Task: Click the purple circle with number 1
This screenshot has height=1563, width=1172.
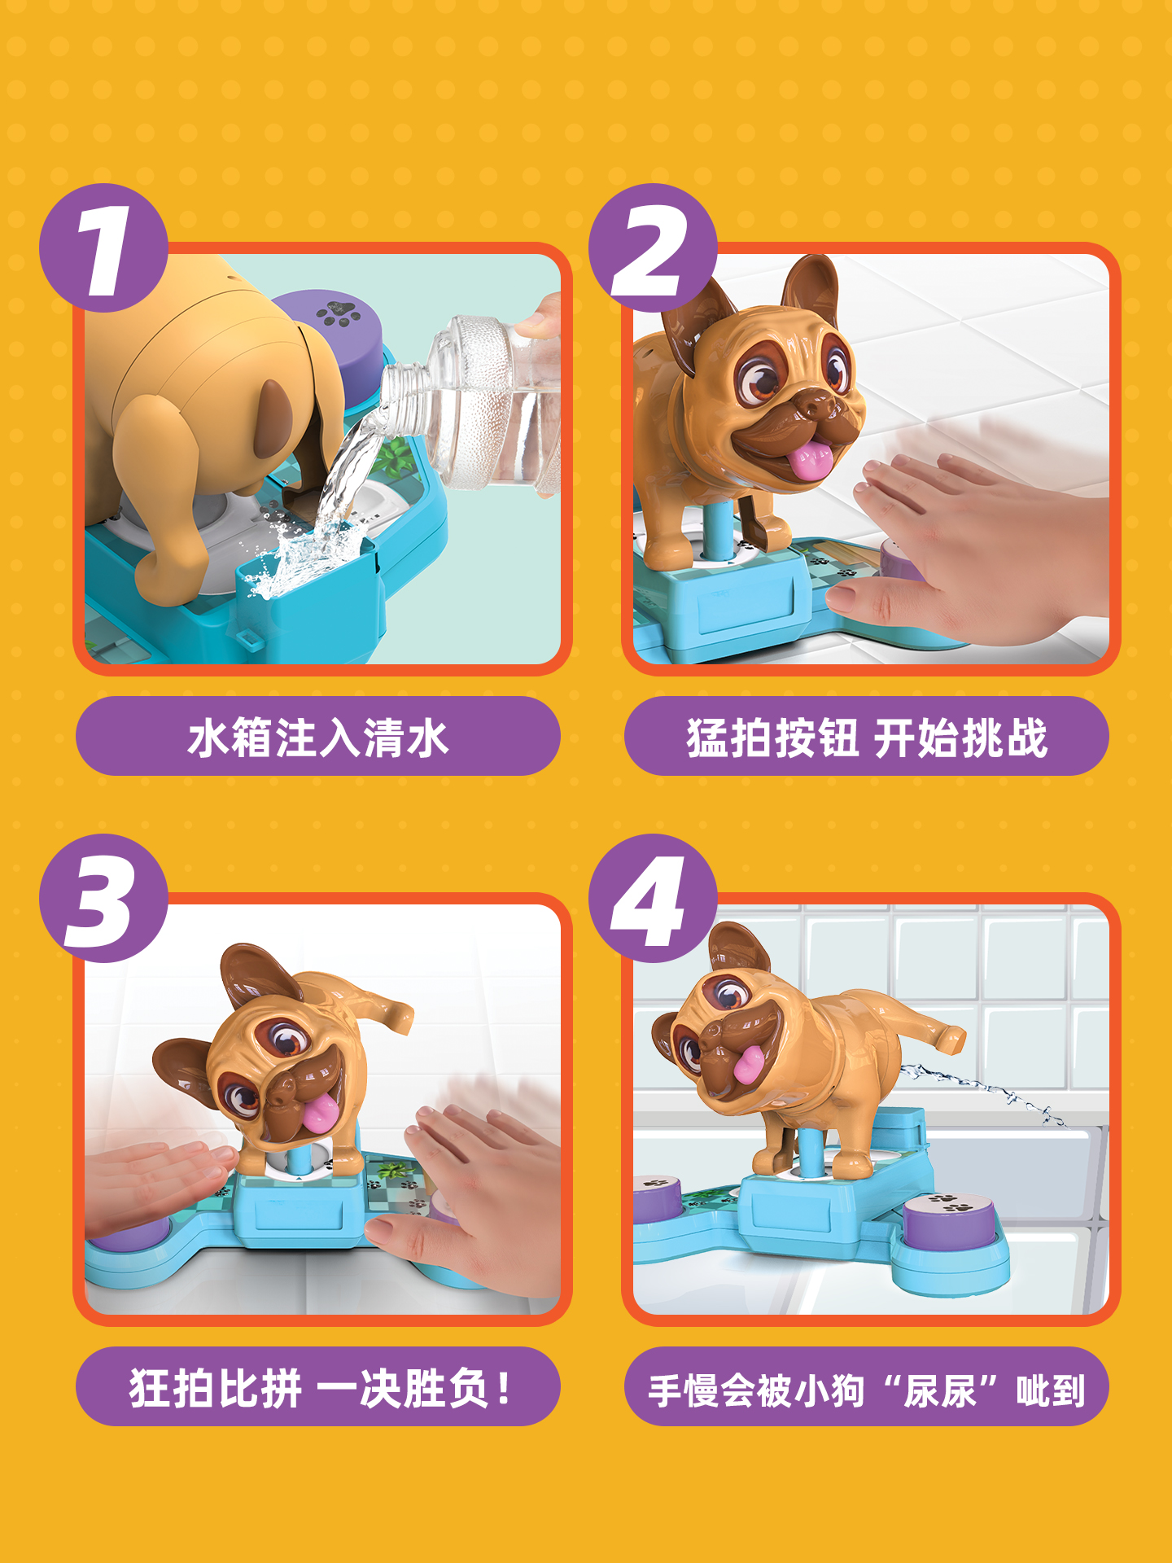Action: [x=104, y=247]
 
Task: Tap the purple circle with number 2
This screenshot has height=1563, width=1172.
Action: [x=653, y=247]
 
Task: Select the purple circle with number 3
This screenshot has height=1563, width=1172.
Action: [x=104, y=898]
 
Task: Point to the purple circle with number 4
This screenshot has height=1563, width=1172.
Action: [x=653, y=898]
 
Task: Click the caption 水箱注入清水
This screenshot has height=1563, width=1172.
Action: [x=318, y=737]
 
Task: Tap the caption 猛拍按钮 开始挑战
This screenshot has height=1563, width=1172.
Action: [x=867, y=737]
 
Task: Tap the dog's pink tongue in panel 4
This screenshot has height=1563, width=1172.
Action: [x=749, y=1063]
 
